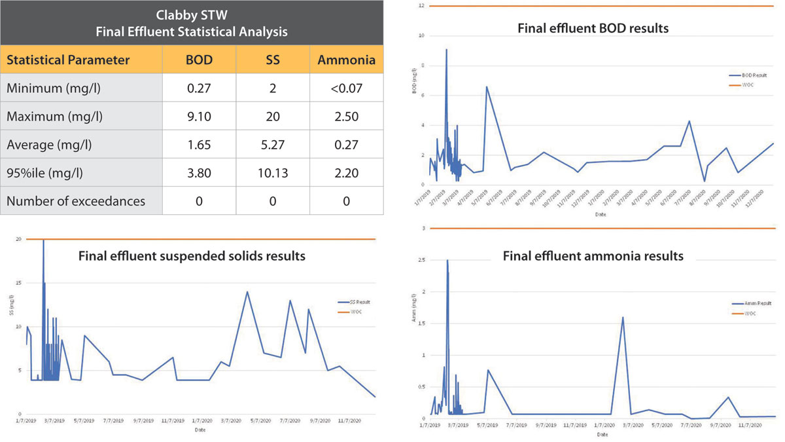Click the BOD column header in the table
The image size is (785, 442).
[x=199, y=60]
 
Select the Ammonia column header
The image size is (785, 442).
[x=346, y=60]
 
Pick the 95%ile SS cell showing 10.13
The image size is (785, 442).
[x=273, y=173]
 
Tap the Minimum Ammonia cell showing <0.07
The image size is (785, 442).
[x=346, y=88]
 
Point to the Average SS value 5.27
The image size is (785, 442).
[x=273, y=145]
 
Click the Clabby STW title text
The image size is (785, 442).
[x=193, y=16]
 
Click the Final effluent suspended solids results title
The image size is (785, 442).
[x=192, y=256]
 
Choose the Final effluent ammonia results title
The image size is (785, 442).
[x=593, y=256]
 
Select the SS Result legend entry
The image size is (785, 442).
[x=353, y=303]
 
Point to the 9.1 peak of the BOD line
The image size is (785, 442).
[x=446, y=50]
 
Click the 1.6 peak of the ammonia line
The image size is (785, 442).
[x=622, y=318]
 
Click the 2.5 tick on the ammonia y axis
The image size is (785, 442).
[x=425, y=260]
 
